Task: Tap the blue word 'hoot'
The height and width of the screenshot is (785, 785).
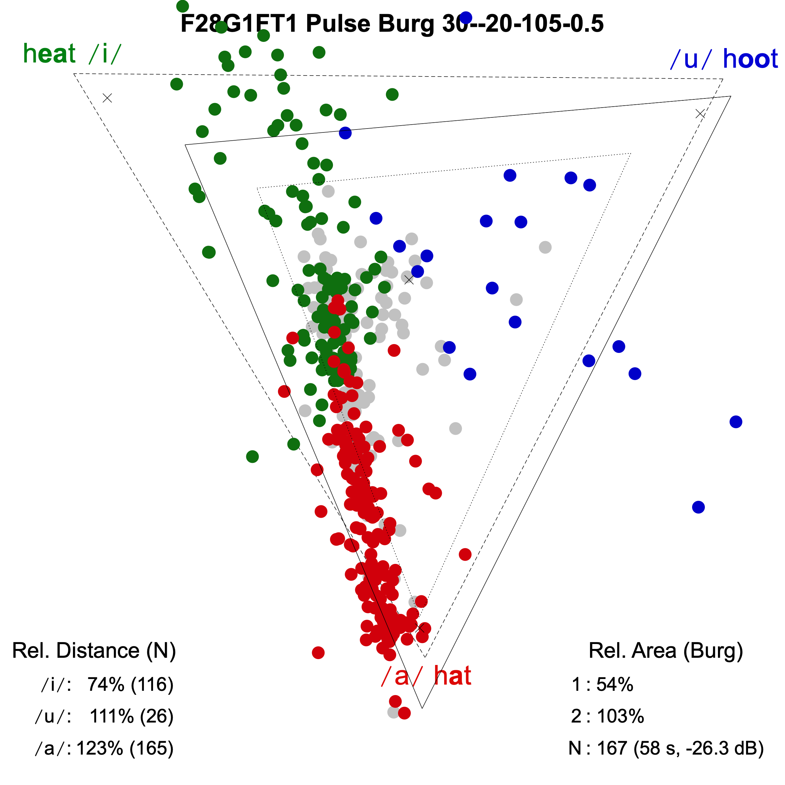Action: click(750, 59)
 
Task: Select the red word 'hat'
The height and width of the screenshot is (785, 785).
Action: click(452, 676)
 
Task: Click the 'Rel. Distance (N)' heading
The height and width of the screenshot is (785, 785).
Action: click(94, 651)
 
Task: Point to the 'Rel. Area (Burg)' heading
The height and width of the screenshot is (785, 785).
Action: click(666, 651)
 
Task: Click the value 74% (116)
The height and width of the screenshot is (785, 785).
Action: click(131, 685)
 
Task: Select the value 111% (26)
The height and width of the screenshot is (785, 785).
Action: click(131, 716)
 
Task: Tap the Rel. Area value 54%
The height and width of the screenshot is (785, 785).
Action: click(614, 685)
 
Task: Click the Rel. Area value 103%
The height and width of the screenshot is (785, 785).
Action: click(620, 716)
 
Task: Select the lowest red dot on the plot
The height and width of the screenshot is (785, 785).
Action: click(404, 713)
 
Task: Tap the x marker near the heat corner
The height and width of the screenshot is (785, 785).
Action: click(107, 98)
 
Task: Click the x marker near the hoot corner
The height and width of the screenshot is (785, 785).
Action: click(700, 114)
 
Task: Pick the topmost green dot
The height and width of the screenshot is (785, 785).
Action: click(183, 6)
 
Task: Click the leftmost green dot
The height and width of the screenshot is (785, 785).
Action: click(177, 84)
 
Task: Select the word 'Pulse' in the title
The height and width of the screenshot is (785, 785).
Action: click(338, 24)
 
